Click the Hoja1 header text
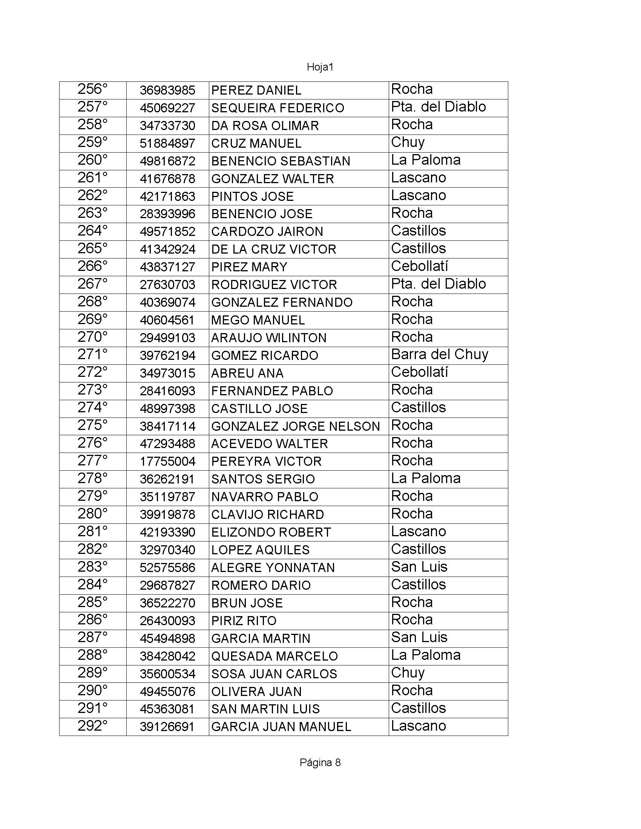tap(320, 67)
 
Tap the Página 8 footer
tap(320, 763)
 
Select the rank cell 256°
tap(93, 90)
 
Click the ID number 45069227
tap(167, 108)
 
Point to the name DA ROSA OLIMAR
tap(265, 125)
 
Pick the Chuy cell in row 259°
tap(408, 143)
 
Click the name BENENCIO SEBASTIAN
tap(281, 161)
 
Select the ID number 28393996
tap(167, 214)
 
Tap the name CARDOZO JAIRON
tap(267, 231)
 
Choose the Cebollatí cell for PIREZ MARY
tap(419, 266)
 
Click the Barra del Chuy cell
tap(439, 355)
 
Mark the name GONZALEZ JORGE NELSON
tap(296, 426)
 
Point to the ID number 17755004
tap(167, 462)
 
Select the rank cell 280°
tap(93, 514)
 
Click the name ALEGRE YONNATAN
tap(273, 568)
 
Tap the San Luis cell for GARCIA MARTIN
tap(419, 638)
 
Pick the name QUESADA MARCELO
tap(274, 656)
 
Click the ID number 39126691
tap(167, 727)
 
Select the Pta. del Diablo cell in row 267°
tap(438, 284)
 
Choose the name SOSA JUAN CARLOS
tap(274, 674)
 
